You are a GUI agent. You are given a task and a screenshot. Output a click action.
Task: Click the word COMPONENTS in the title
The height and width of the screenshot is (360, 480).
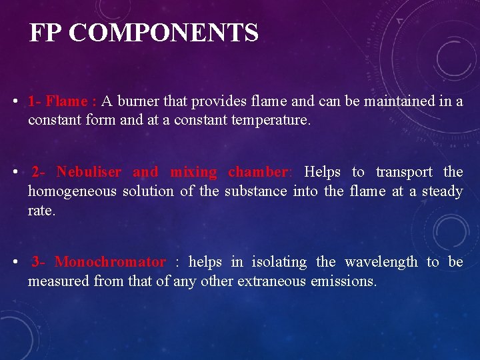click(x=163, y=33)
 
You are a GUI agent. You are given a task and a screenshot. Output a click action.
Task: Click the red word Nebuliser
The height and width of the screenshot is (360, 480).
click(x=89, y=172)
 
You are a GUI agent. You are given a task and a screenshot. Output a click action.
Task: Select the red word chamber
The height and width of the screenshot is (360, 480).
click(x=257, y=172)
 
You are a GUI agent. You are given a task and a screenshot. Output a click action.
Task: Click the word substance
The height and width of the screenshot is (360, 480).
click(x=255, y=191)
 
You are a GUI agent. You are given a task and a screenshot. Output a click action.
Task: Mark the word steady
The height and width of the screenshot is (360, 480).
click(x=441, y=191)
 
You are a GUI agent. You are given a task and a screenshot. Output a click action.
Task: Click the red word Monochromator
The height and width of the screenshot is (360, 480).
click(x=110, y=262)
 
